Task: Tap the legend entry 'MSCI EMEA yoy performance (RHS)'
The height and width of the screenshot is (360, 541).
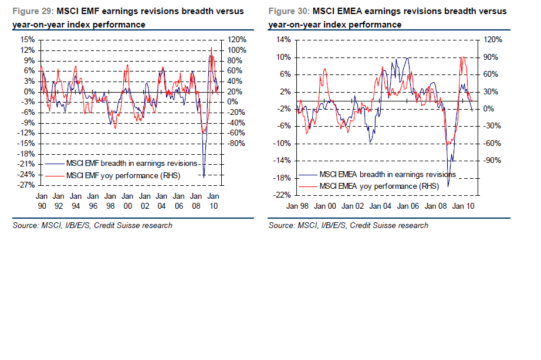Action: coord(378,185)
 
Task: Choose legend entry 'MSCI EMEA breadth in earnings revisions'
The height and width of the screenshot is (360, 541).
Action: coord(387,175)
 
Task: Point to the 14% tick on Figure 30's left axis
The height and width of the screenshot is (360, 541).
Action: coord(284,40)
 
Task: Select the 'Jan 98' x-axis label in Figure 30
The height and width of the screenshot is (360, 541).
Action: coord(297,206)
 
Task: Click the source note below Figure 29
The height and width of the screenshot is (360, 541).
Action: coord(92,226)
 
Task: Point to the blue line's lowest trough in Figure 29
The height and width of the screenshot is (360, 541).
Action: coord(204,175)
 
